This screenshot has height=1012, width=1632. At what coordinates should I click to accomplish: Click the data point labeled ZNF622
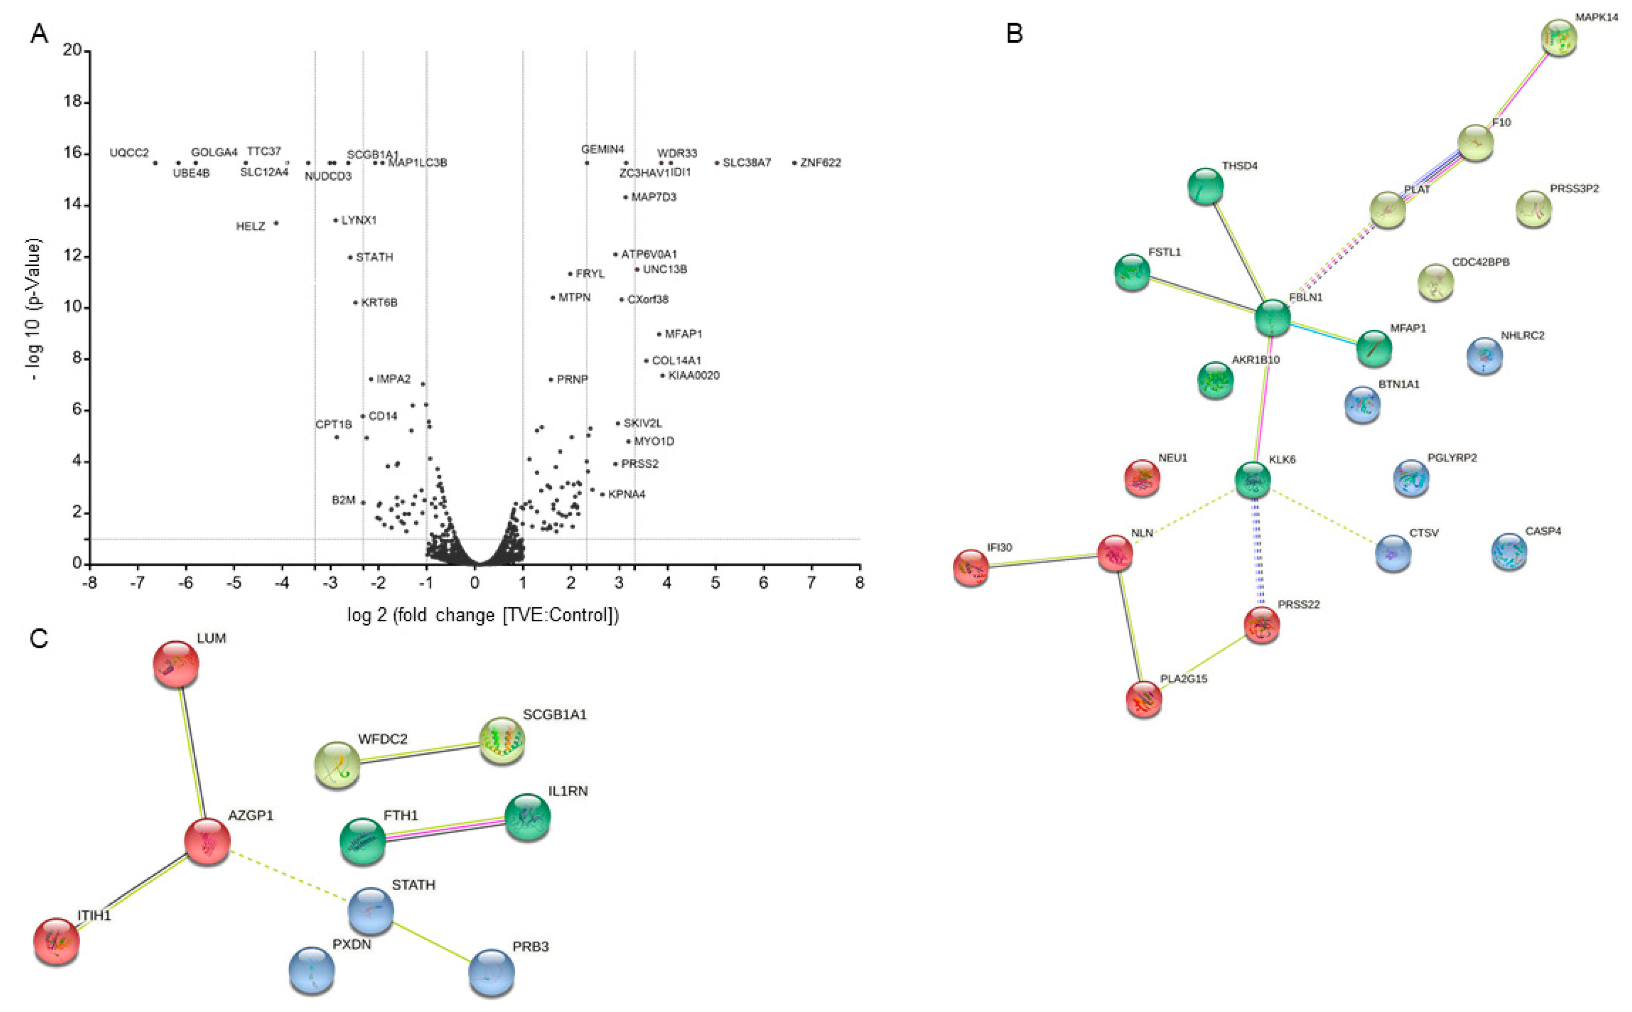click(795, 163)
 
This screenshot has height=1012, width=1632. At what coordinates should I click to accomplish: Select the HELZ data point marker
click(276, 223)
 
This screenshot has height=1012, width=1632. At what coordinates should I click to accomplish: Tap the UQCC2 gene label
click(129, 153)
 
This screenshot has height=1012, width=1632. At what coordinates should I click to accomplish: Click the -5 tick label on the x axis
click(234, 583)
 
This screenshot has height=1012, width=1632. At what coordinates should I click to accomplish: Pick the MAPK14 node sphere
click(1559, 38)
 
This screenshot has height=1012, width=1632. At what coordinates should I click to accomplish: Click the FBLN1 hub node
click(1272, 317)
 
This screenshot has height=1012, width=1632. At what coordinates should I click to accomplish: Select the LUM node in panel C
click(176, 664)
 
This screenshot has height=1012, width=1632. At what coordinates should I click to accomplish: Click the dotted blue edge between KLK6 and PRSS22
click(1257, 552)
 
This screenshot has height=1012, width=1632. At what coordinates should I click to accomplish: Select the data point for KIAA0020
click(663, 375)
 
